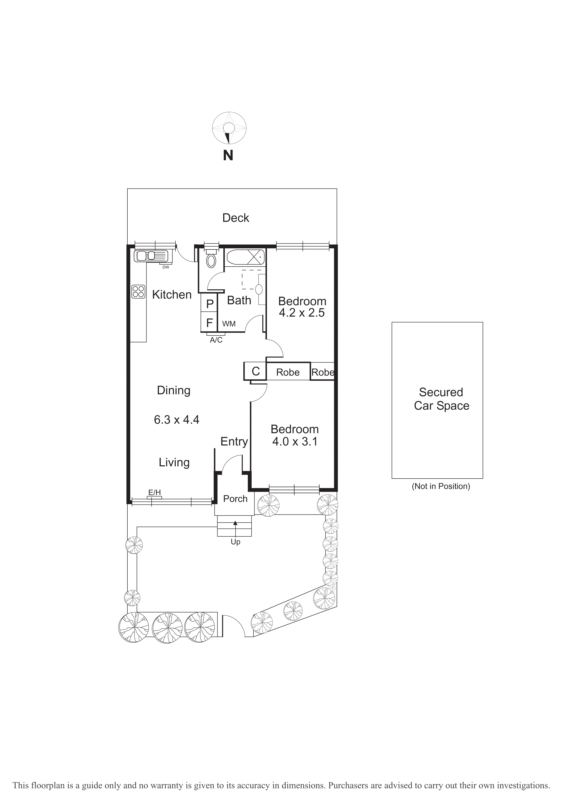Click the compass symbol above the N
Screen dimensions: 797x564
(x=229, y=128)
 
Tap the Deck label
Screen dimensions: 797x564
(x=235, y=218)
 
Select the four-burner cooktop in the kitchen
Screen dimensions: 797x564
(x=138, y=292)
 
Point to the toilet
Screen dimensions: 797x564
(x=211, y=260)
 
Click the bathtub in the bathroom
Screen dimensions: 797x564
(x=245, y=257)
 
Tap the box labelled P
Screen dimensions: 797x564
(x=209, y=304)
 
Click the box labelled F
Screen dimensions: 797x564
(x=209, y=323)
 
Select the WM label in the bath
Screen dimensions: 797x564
(x=229, y=324)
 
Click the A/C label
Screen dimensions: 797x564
(x=216, y=340)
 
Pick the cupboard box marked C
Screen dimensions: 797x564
(x=255, y=371)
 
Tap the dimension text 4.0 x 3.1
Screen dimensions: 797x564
(x=294, y=442)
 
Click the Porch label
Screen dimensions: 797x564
(x=235, y=499)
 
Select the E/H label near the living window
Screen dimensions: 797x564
(x=154, y=493)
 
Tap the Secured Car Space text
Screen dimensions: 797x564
(x=441, y=399)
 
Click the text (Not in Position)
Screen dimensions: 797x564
(x=441, y=486)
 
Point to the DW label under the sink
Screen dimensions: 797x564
(x=166, y=267)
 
